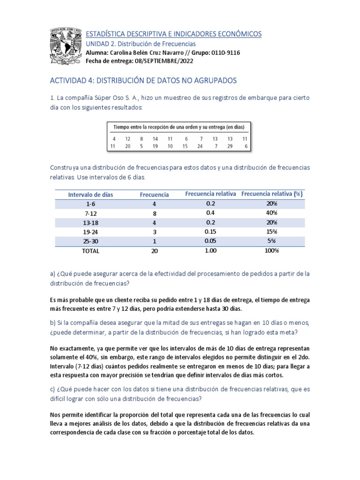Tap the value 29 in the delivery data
point(230,146)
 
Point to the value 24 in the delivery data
point(200,146)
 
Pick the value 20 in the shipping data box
point(127,146)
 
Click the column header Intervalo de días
point(90,195)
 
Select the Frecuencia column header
point(154,195)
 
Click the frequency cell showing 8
point(154,213)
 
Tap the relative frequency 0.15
point(210,232)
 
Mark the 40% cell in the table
point(271,213)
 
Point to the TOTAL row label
point(90,251)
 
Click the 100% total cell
point(271,250)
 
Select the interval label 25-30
point(90,241)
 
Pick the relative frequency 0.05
point(210,241)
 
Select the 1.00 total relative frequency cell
point(210,250)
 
